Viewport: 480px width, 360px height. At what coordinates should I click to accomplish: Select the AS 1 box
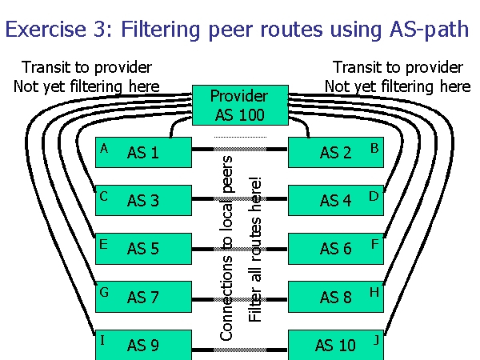pos(143,152)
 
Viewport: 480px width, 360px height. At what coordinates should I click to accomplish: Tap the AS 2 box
pos(335,152)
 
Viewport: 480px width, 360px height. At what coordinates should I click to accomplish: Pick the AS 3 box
pos(143,200)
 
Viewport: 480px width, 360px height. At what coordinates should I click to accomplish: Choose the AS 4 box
pos(335,200)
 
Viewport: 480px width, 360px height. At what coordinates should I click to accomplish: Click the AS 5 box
pos(143,249)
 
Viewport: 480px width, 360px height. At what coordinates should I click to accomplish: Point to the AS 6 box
pos(335,249)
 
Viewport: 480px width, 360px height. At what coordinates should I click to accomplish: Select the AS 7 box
pos(143,298)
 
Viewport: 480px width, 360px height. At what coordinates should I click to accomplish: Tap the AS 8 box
pos(335,298)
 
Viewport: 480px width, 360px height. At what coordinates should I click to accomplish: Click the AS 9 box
pos(143,346)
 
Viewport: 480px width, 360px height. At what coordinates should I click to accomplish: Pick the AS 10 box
pos(335,346)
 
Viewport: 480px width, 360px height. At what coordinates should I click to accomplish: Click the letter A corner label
pos(103,148)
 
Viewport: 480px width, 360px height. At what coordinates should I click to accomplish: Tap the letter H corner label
pos(374,292)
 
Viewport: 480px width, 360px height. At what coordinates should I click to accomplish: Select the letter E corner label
pos(103,244)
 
